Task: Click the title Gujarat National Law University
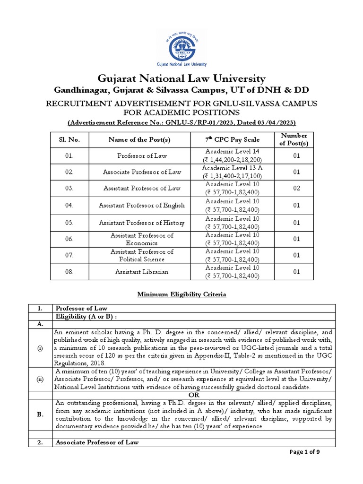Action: point(181,78)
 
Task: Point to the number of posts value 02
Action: point(296,188)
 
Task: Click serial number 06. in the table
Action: point(69,239)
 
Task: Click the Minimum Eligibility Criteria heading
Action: point(181,294)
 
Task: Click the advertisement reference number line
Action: point(181,122)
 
